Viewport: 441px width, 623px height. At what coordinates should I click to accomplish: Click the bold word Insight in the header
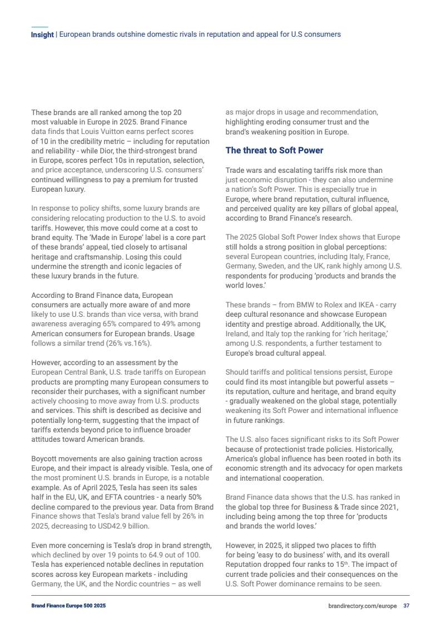click(x=42, y=34)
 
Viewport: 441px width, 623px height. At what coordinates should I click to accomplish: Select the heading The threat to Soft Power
click(x=274, y=151)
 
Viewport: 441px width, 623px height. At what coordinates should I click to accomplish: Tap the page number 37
click(x=407, y=605)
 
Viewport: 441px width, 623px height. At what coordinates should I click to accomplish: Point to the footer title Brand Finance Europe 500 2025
click(x=68, y=605)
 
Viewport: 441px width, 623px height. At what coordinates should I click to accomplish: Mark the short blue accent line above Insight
click(x=39, y=27)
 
